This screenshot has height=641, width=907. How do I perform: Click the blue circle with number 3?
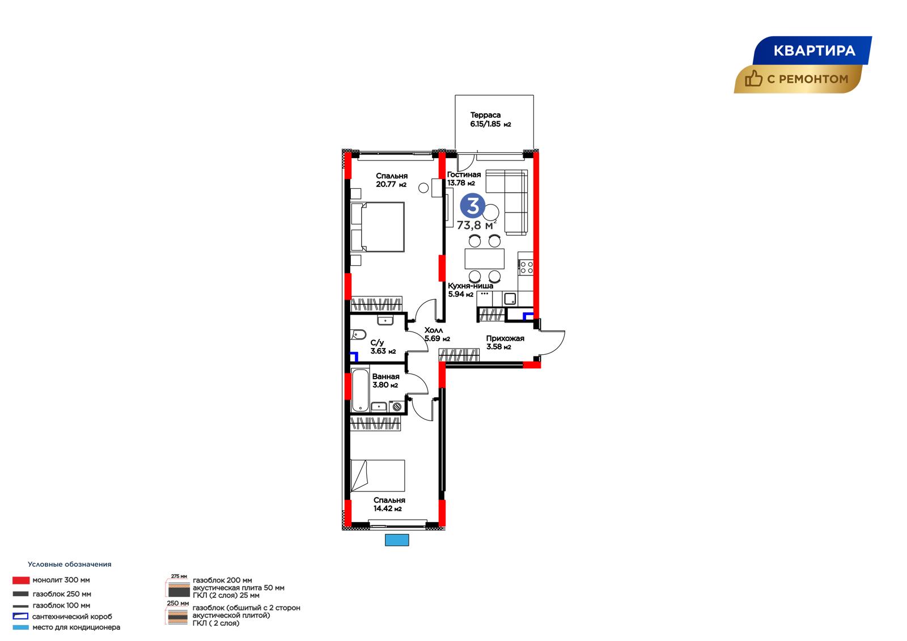[473, 206]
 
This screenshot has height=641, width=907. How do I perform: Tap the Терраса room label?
[485, 115]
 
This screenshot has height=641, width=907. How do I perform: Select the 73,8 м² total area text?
[477, 225]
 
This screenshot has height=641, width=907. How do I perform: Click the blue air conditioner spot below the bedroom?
[397, 540]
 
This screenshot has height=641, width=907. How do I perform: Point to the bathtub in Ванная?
[360, 390]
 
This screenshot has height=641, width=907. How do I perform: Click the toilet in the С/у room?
[359, 335]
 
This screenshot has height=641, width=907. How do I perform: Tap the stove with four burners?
[527, 268]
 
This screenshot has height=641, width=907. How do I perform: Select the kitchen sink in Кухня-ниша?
[510, 299]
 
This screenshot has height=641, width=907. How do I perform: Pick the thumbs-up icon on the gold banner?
[753, 79]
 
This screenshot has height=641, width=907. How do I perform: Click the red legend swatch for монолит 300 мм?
[20, 580]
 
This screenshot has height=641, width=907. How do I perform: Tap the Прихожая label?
[505, 338]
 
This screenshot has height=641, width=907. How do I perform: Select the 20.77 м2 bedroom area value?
[391, 185]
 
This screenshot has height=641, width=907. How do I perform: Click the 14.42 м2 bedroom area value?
[388, 508]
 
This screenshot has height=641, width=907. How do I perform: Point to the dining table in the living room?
[484, 259]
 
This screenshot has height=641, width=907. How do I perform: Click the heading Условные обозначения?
[70, 564]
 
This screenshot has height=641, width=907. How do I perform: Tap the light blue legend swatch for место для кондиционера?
[20, 627]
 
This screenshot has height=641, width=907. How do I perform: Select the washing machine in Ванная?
[397, 406]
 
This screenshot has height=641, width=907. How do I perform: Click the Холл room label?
[433, 330]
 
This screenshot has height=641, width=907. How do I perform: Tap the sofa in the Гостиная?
[507, 202]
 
